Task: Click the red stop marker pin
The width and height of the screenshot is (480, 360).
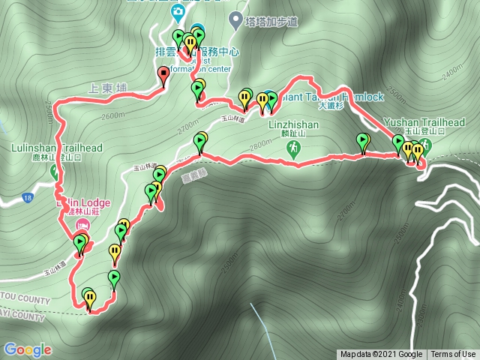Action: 164,73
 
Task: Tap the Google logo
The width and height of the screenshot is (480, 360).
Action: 27,349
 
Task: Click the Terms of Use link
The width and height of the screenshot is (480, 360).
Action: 453,355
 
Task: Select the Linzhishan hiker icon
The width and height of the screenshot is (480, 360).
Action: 292,150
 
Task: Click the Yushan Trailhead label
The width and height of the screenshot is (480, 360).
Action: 424,122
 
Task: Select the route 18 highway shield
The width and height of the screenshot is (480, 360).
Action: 28,198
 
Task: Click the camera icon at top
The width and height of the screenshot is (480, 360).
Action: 176,10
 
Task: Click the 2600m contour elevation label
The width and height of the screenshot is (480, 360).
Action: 112,116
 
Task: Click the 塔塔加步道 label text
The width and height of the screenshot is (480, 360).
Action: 271,22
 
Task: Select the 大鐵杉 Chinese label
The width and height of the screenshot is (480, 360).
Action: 330,106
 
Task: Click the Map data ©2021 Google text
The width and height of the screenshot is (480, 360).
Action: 381,355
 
